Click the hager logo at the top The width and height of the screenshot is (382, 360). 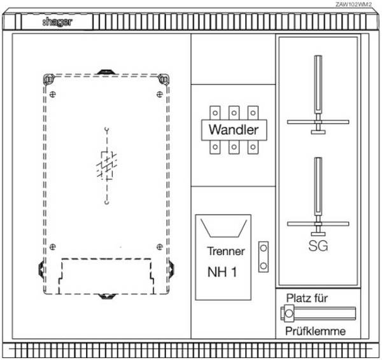[x=57, y=22]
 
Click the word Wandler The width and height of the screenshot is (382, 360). [x=234, y=130]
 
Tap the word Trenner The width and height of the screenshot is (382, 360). [x=226, y=251]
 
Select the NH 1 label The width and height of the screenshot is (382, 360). [x=222, y=272]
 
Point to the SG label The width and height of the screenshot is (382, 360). [x=318, y=246]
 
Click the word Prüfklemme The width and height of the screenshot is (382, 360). [x=316, y=331]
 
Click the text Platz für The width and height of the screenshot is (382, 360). [x=307, y=298]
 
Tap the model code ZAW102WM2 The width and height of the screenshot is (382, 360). [x=353, y=4]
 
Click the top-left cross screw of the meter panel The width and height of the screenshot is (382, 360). [x=53, y=94]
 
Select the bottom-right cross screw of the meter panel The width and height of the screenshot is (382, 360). [x=160, y=247]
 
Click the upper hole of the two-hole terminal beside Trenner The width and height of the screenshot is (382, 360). [x=264, y=248]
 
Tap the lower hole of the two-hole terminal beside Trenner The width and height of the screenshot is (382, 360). [x=264, y=266]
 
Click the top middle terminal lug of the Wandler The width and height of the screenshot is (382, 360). [x=234, y=113]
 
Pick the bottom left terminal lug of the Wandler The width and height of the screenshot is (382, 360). [x=215, y=147]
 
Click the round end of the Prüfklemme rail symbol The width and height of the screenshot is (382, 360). [x=289, y=314]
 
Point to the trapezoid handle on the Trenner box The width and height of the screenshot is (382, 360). [x=223, y=228]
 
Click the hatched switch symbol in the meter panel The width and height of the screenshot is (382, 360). [x=107, y=165]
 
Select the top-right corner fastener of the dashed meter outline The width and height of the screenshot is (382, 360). [x=164, y=80]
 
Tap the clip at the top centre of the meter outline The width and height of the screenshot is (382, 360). [x=106, y=72]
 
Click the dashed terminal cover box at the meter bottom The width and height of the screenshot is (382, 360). [x=106, y=276]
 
